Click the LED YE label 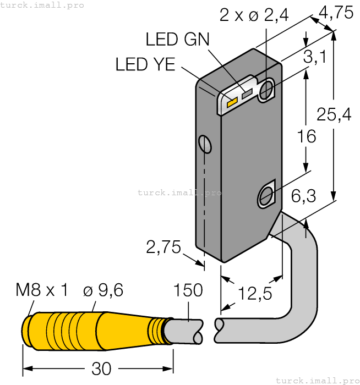point(145,64)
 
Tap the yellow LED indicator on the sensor point(232,101)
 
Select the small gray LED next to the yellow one point(246,93)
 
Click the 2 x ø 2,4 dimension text point(254,15)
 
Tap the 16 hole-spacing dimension point(306,136)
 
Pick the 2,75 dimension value point(163,248)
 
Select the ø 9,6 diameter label point(103,290)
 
